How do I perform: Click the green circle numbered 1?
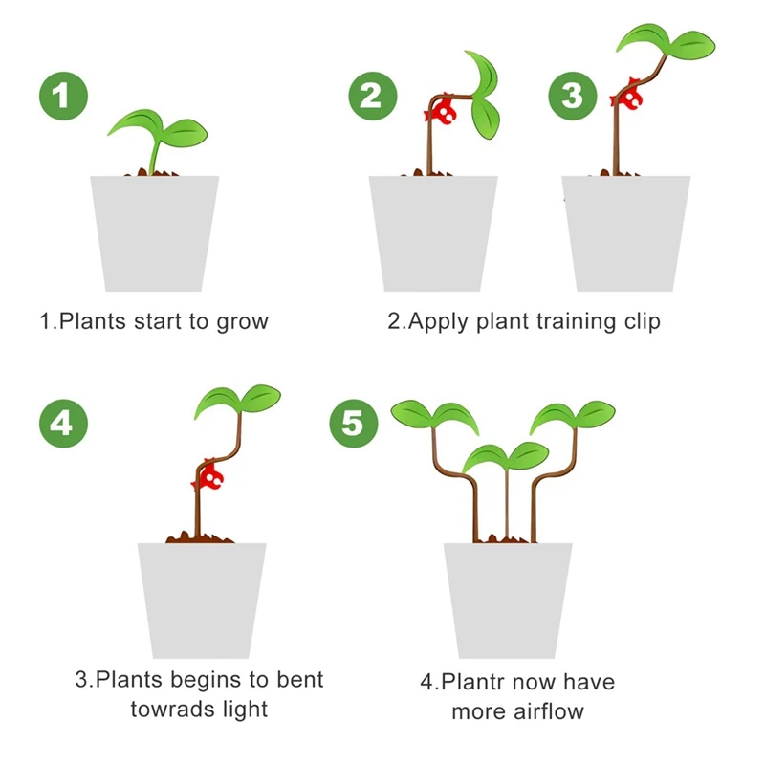coord(63,96)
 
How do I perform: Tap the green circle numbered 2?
coord(371,96)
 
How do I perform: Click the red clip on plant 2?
coord(443,112)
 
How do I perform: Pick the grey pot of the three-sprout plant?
coord(508,600)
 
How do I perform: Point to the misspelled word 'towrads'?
coord(172,710)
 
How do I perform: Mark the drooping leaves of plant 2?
coord(488,96)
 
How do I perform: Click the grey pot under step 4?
coord(202,600)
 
